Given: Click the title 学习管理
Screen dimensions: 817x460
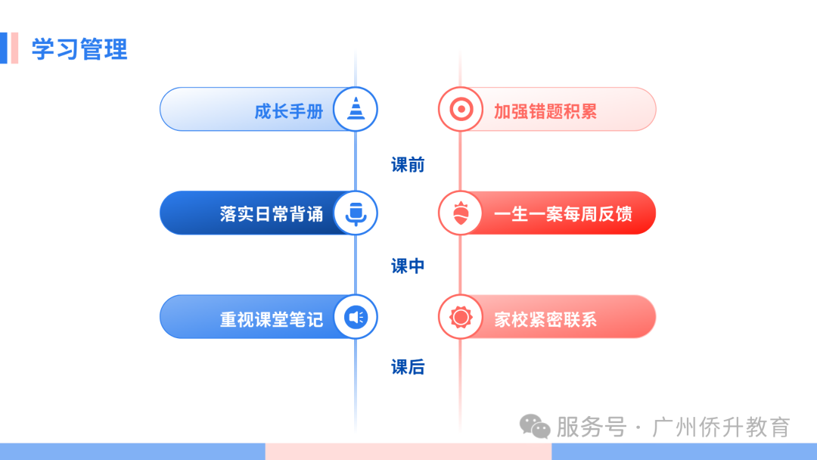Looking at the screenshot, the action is click(79, 49).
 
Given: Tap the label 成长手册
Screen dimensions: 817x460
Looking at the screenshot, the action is click(289, 111).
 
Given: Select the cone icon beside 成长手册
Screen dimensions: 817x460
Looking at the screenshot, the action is click(356, 108).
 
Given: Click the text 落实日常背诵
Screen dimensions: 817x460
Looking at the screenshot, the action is click(272, 213).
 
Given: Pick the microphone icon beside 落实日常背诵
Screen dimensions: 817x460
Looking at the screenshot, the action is click(356, 213).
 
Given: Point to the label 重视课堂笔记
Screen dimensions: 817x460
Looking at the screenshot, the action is click(272, 319).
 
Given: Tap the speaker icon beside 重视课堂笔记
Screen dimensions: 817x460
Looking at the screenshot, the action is click(356, 317).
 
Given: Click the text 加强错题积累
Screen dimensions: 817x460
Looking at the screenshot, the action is click(545, 111).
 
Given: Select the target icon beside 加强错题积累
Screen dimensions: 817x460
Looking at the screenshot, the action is click(461, 110).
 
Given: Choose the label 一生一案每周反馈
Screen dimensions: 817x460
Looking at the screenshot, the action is click(563, 213).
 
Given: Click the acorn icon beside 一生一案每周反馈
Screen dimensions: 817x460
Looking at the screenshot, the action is click(461, 213).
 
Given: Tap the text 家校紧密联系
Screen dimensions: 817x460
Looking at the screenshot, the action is click(545, 319).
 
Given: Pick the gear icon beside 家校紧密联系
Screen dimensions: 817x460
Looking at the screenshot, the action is click(461, 317).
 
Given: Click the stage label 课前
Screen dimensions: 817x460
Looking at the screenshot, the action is click(408, 165).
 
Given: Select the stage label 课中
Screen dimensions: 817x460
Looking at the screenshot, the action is click(408, 266).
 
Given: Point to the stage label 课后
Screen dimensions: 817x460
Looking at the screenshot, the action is click(408, 367).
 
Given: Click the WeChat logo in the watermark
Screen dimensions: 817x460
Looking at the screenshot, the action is click(535, 427).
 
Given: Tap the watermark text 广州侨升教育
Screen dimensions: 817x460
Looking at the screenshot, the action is click(721, 427).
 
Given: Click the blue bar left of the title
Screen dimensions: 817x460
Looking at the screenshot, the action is click(4, 48).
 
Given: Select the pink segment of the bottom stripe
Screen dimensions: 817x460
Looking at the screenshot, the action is click(408, 452).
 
